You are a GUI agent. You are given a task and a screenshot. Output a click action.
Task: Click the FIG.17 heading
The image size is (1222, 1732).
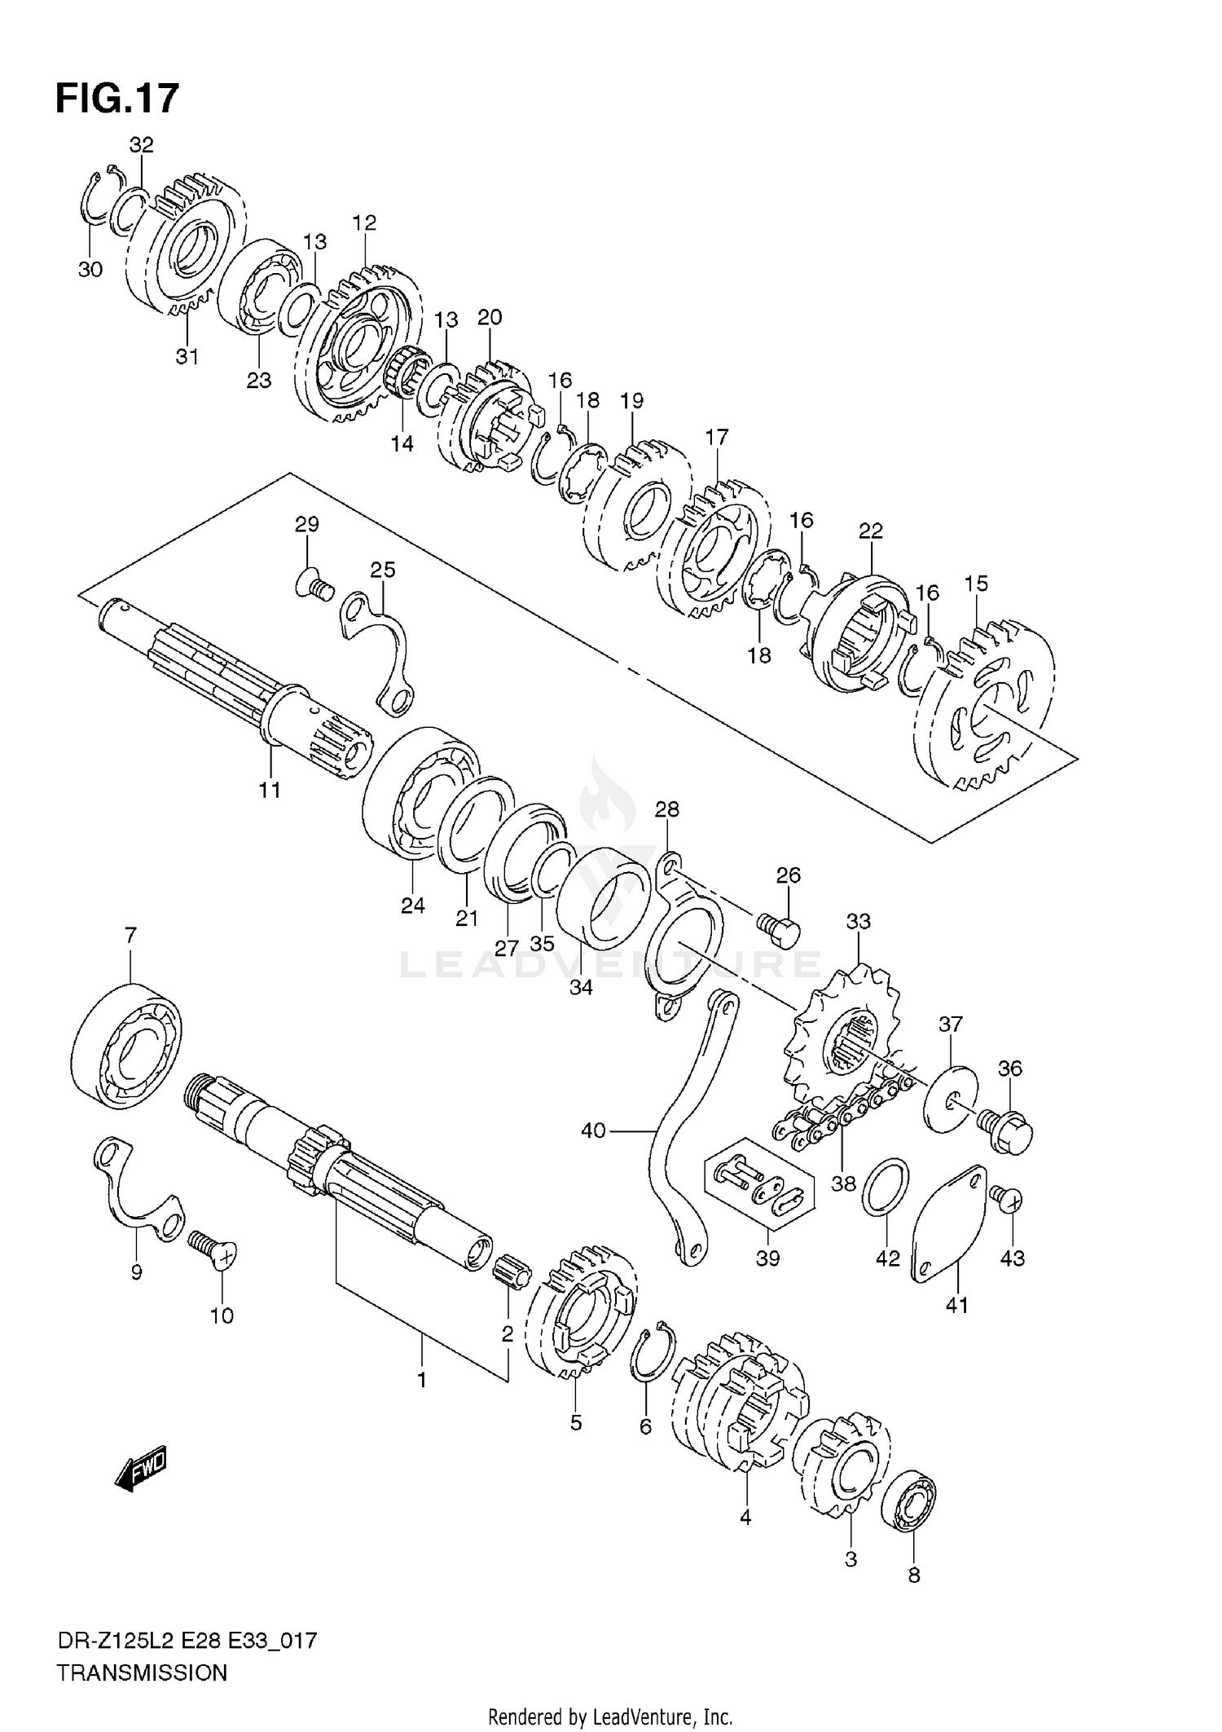tap(116, 99)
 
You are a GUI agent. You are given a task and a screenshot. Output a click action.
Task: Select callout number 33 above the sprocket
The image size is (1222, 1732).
tap(858, 922)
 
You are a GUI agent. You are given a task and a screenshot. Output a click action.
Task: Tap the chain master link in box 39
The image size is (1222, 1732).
tap(758, 1192)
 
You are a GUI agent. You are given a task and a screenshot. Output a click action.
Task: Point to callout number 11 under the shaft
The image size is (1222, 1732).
tap(270, 789)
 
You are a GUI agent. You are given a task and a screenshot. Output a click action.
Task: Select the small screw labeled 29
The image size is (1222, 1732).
tap(314, 585)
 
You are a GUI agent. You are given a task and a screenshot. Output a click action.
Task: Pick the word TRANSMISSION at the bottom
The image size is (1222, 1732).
tap(142, 1674)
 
